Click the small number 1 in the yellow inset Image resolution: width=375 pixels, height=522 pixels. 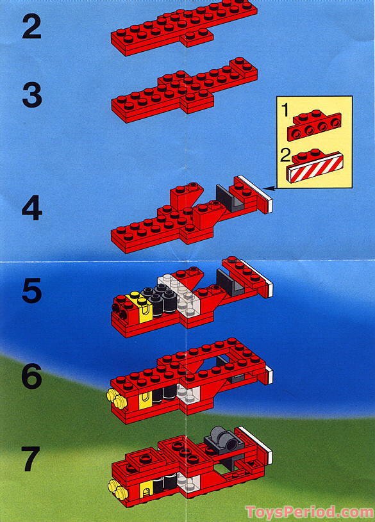click(285, 111)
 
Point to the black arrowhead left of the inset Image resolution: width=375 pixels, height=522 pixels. click(274, 187)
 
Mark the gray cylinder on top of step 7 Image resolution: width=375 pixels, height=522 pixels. click(221, 439)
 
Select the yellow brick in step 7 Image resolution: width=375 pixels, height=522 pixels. click(146, 491)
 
